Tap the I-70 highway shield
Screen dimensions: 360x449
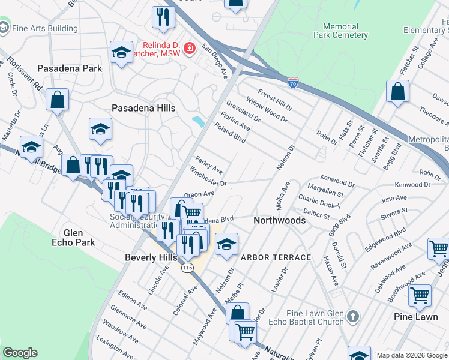293,83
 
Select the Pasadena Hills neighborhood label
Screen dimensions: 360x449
144,108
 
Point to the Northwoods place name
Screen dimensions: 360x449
279,220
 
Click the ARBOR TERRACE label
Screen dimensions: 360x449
276,257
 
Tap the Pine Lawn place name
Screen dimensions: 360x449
415,316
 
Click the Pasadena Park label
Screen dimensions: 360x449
70,68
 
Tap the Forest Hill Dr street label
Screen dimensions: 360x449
275,100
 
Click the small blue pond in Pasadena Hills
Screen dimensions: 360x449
198,121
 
